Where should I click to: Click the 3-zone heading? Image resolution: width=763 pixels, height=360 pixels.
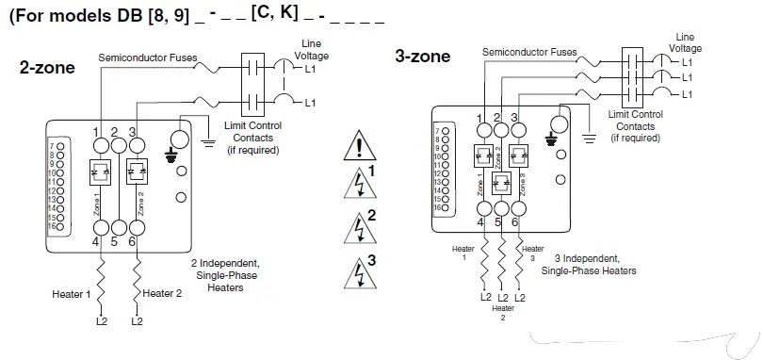(x=422, y=56)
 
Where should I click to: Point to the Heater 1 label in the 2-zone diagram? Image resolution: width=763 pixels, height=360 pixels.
(x=72, y=294)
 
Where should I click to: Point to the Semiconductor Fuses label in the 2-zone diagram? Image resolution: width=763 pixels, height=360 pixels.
(x=148, y=57)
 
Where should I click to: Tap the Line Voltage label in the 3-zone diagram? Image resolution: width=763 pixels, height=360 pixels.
(x=685, y=42)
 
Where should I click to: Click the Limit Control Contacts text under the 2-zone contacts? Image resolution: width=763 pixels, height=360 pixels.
(x=250, y=138)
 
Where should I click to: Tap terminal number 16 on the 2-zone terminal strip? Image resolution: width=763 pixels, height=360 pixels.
(x=57, y=227)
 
